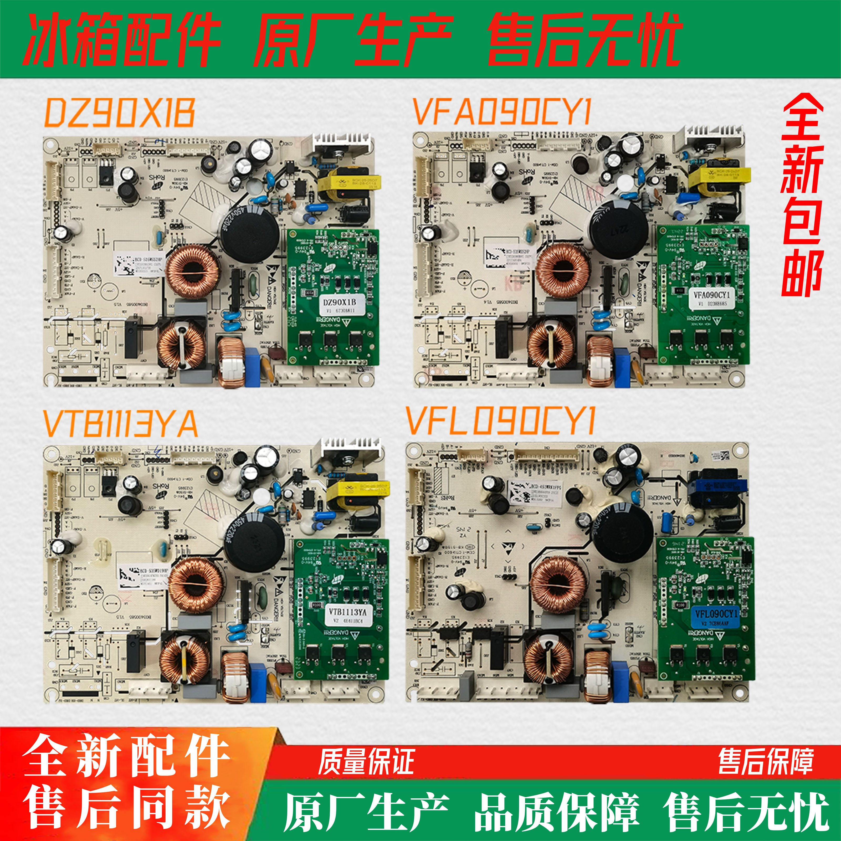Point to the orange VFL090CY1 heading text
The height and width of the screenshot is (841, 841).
click(501, 421)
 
